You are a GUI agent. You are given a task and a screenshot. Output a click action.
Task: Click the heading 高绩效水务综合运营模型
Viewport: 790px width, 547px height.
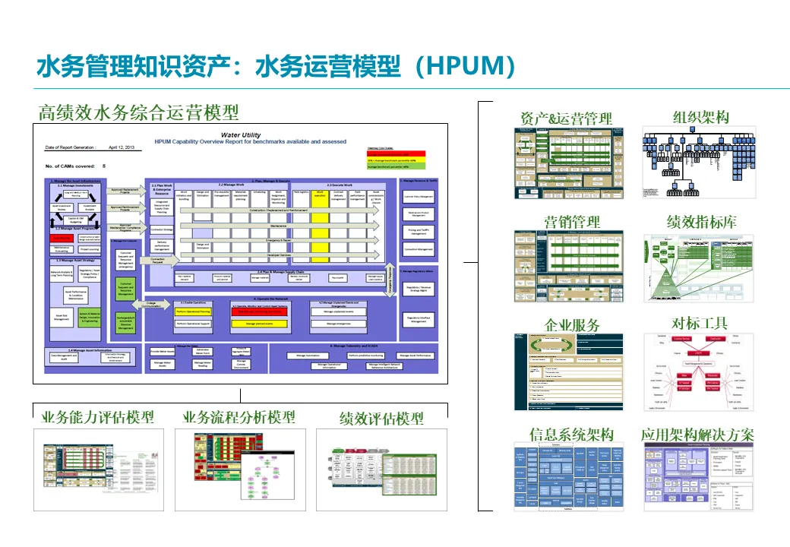click(138, 112)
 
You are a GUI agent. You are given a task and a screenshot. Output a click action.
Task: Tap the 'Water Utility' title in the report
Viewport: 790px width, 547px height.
click(240, 134)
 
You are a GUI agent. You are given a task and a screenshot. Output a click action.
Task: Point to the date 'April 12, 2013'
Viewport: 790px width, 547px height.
click(122, 147)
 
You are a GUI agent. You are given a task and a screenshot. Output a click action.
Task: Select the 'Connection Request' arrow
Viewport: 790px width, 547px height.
click(158, 260)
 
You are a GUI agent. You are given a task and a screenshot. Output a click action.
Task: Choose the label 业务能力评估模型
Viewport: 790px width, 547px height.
click(97, 417)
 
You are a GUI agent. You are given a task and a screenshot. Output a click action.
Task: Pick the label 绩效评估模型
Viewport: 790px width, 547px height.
click(381, 418)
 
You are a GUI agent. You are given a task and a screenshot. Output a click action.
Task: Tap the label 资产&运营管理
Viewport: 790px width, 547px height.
click(566, 118)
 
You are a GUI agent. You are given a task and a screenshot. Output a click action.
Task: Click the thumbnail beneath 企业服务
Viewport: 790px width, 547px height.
click(568, 372)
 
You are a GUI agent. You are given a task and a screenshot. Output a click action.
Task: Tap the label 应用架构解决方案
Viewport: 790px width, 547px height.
click(697, 435)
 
